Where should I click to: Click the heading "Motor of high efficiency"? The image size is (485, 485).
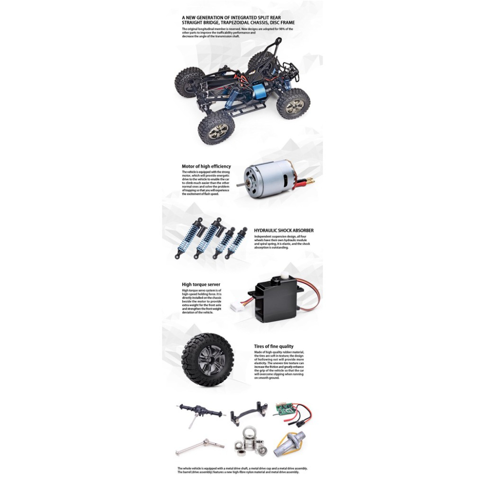pyautogui.click(x=206, y=166)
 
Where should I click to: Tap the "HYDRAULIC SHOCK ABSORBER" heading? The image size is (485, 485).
pyautogui.click(x=284, y=230)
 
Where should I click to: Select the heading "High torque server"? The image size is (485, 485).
pyautogui.click(x=201, y=285)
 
